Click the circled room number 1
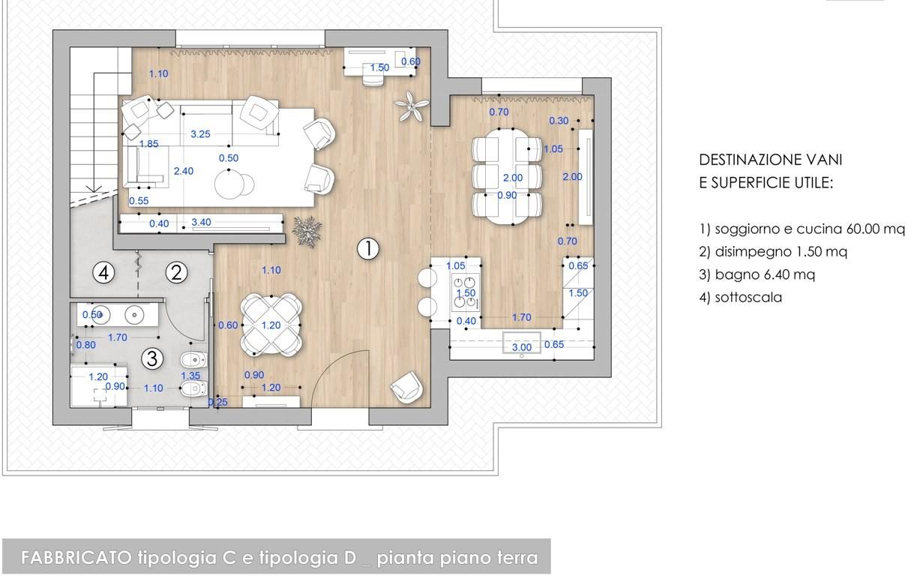pyautogui.click(x=368, y=248)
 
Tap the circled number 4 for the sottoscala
pyautogui.click(x=103, y=272)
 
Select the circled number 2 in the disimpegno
pyautogui.click(x=176, y=272)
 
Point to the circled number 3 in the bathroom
pyautogui.click(x=152, y=358)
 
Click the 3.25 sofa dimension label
pyautogui.click(x=200, y=134)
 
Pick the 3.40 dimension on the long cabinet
pyautogui.click(x=201, y=222)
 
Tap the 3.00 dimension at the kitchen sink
pyautogui.click(x=521, y=347)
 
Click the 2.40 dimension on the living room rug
pyautogui.click(x=184, y=171)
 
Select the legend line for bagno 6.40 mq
pyautogui.click(x=757, y=274)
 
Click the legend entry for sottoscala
pyautogui.click(x=740, y=298)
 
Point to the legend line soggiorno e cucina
pyautogui.click(x=802, y=229)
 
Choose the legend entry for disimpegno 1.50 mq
pyautogui.click(x=773, y=252)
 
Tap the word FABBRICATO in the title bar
pyautogui.click(x=76, y=558)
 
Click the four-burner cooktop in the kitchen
pyautogui.click(x=466, y=292)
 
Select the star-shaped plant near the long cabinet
pyautogui.click(x=307, y=232)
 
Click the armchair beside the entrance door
pyautogui.click(x=406, y=388)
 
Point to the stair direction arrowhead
pyautogui.click(x=94, y=189)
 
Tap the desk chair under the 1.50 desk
pyautogui.click(x=373, y=81)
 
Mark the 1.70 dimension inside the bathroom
pyautogui.click(x=118, y=337)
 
